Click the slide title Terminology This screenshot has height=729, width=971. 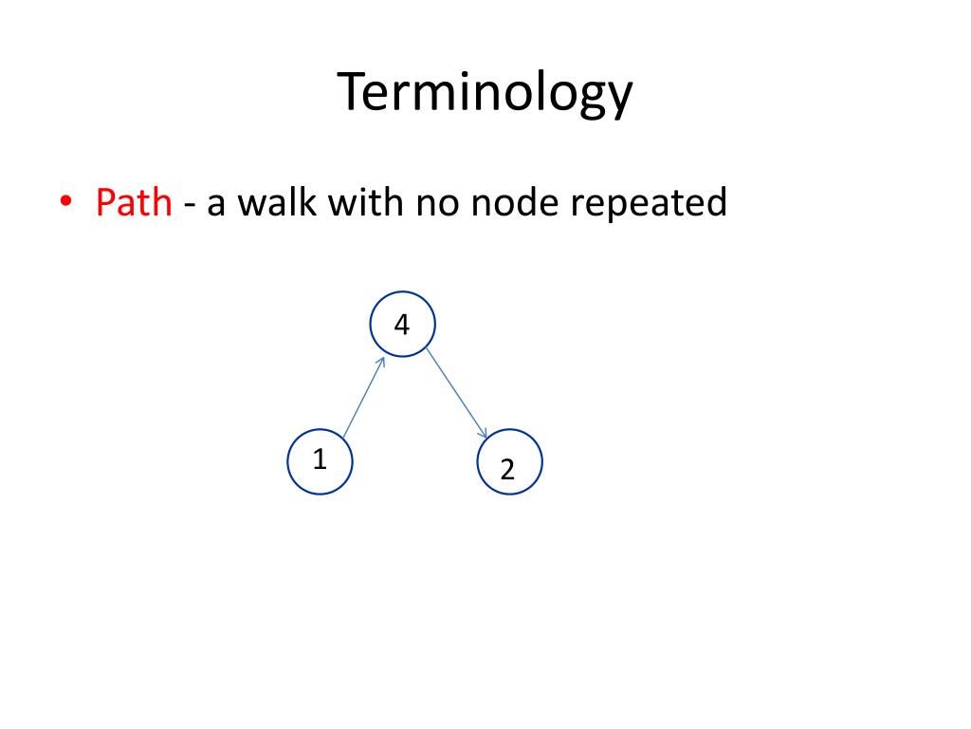[x=485, y=94]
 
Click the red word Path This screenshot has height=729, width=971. [x=134, y=202]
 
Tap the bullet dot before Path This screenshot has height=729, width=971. [x=65, y=202]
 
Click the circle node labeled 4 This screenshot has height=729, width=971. [x=402, y=325]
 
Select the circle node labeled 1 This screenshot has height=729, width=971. [x=321, y=461]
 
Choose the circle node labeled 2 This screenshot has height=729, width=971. [x=510, y=462]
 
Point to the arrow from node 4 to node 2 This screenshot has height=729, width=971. [x=455, y=392]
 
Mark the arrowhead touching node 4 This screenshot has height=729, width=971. [x=381, y=362]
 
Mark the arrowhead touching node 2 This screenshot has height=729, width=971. [x=483, y=434]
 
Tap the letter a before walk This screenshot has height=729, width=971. [x=215, y=205]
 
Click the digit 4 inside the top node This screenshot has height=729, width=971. [x=402, y=326]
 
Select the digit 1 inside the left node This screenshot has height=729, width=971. [x=321, y=460]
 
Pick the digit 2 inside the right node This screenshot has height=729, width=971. [x=507, y=469]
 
